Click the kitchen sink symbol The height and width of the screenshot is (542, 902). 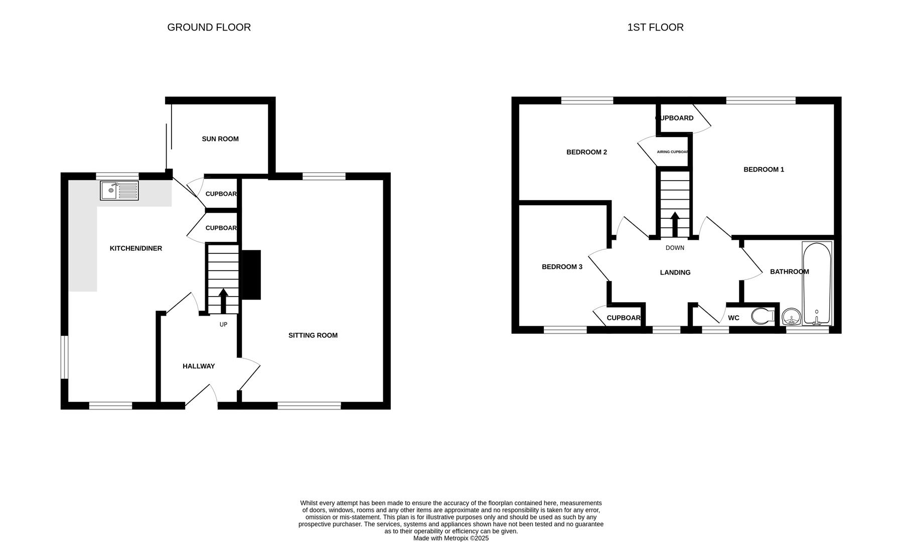[x=119, y=191]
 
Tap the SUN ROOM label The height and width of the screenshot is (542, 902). [x=220, y=139]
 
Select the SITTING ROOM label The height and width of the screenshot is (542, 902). [x=313, y=335]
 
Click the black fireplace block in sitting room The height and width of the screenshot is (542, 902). [x=252, y=275]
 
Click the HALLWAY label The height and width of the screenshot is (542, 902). [x=199, y=366]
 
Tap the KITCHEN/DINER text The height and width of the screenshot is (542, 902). [x=136, y=248]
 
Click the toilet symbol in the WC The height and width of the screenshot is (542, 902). [x=763, y=317]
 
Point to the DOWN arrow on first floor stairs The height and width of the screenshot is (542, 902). [x=675, y=224]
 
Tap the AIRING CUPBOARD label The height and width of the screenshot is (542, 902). [x=672, y=152]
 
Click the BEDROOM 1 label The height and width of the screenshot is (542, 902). [x=764, y=170]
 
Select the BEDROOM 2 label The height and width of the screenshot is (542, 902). [x=586, y=152]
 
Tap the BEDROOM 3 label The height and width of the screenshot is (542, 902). [x=562, y=267]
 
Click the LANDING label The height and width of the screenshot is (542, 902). [x=675, y=273]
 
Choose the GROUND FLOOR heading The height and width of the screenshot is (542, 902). [x=209, y=28]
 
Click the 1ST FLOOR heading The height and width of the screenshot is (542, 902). [x=655, y=28]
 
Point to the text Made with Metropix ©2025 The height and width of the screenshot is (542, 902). [x=450, y=538]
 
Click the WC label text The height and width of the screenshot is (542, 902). [x=733, y=318]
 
